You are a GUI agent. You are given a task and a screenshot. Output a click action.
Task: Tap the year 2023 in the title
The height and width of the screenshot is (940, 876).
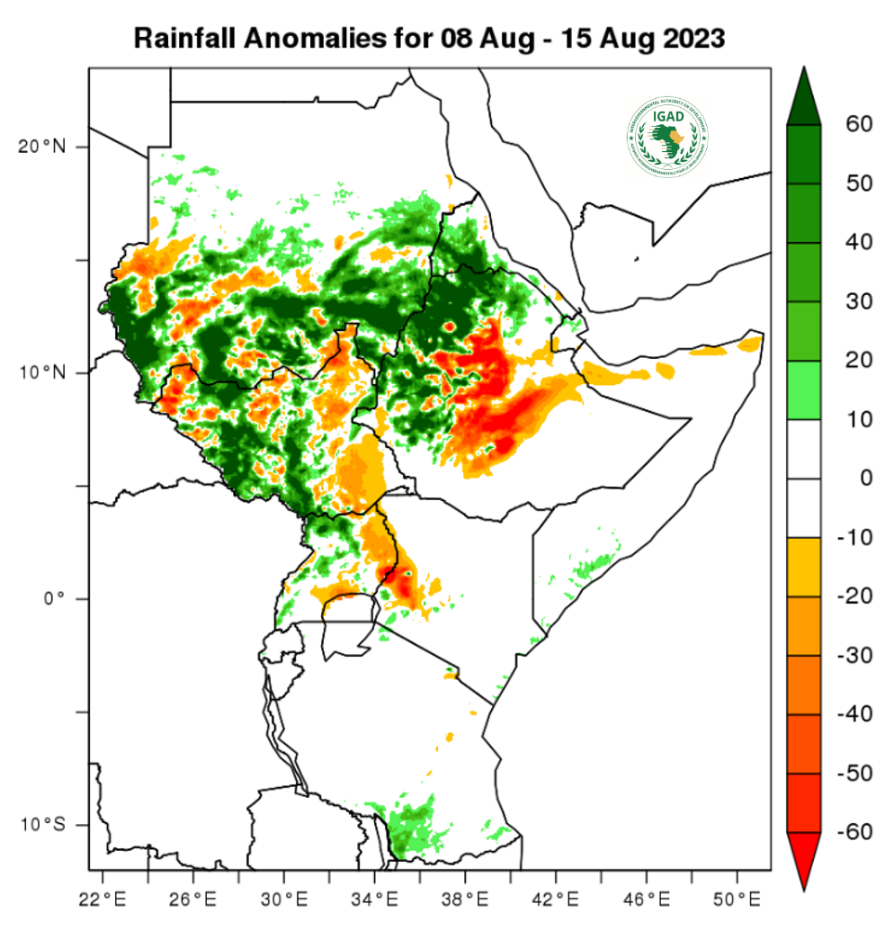(x=693, y=39)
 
